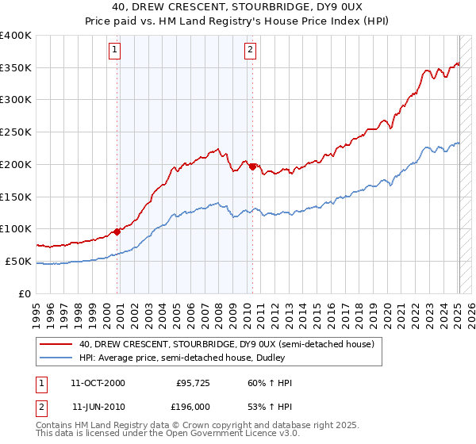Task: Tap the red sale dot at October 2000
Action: point(117,232)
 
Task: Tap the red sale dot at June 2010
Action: point(252,166)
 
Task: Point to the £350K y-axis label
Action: point(16,68)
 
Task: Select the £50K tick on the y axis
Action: point(19,262)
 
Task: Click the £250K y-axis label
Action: point(16,132)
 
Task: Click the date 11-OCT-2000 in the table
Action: point(98,383)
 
